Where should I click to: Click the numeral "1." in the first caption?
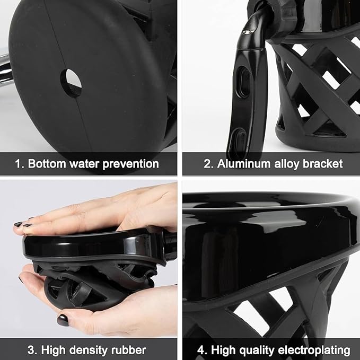[x=20, y=164]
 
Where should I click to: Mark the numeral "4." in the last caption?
[x=203, y=350]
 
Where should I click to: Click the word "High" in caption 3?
[x=51, y=350]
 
